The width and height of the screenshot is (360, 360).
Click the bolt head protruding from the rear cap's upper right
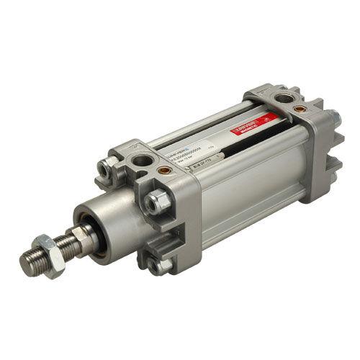pyautogui.click(x=336, y=115)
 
